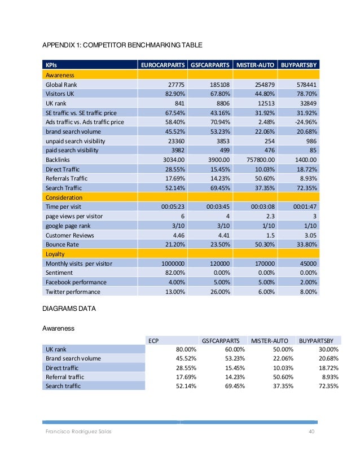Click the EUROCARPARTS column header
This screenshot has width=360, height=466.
[x=163, y=65]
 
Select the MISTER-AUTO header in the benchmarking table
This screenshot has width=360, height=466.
[x=255, y=65]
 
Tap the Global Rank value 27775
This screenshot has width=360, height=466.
[x=176, y=85]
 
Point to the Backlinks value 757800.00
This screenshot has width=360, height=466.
[x=261, y=160]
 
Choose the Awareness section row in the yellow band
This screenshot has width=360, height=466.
[x=60, y=75]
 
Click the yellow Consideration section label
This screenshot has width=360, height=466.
[x=64, y=197]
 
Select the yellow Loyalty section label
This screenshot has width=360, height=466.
[x=55, y=254]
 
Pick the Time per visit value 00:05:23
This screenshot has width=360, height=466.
[x=173, y=206]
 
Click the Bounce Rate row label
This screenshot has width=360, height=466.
[x=62, y=244]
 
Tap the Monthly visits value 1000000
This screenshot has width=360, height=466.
[x=173, y=263]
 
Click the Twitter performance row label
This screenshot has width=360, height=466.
[x=73, y=292]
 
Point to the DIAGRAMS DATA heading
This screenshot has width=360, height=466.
[x=69, y=309]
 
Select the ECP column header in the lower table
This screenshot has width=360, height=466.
[x=153, y=341]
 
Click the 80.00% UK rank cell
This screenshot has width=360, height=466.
[x=186, y=350]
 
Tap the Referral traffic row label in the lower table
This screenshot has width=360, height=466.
[x=65, y=377]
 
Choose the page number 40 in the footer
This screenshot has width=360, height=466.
[x=311, y=431]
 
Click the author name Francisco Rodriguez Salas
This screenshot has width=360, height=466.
[x=78, y=432]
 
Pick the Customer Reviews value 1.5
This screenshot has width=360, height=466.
[x=270, y=235]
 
